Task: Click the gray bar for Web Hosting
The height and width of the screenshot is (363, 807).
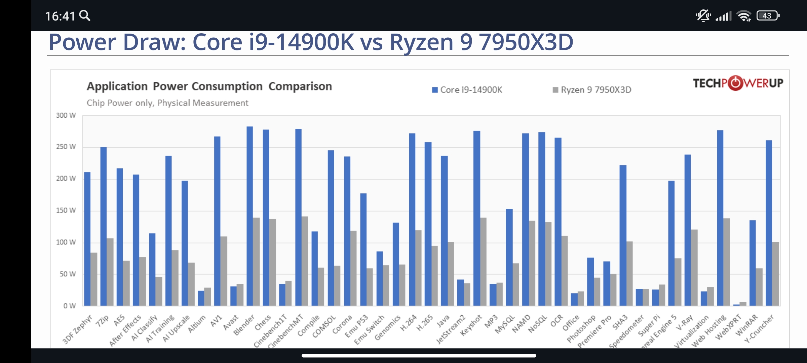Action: click(x=727, y=262)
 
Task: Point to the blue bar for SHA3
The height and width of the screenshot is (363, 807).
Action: click(x=623, y=235)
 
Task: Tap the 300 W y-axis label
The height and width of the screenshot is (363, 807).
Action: click(x=66, y=116)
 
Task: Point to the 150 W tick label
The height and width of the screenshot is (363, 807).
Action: click(x=66, y=210)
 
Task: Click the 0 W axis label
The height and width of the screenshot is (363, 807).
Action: click(x=69, y=306)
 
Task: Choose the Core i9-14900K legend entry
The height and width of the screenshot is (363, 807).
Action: click(x=467, y=90)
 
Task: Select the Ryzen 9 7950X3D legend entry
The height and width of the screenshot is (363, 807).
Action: click(x=592, y=90)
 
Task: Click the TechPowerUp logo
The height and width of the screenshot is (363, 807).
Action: click(x=738, y=83)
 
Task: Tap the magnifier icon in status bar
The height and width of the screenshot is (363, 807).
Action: click(x=85, y=16)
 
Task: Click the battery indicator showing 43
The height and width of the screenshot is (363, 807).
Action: click(x=768, y=16)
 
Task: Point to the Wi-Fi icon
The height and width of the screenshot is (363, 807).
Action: click(x=743, y=16)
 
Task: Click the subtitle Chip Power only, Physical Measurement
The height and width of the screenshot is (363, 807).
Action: click(x=167, y=103)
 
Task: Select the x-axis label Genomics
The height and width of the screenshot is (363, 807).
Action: click(x=387, y=328)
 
